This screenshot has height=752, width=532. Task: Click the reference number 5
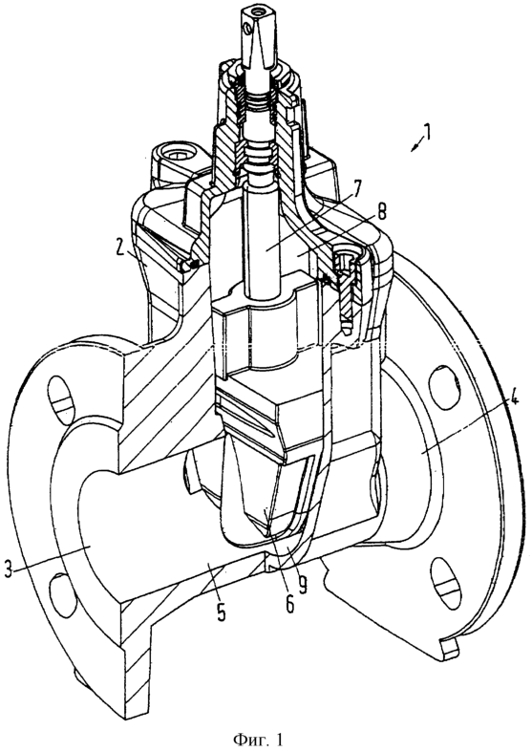221,612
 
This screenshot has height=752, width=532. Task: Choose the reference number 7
358,188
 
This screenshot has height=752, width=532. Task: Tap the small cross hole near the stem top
246,31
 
